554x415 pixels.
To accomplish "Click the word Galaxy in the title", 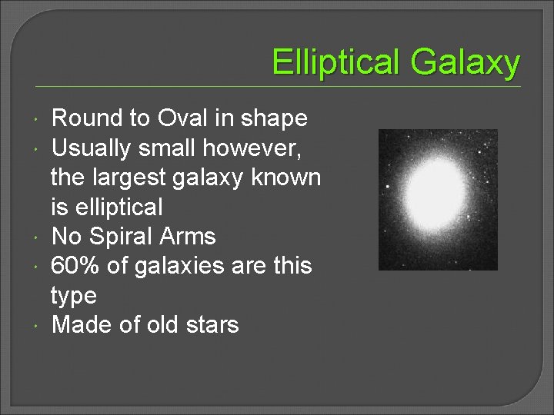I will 465,62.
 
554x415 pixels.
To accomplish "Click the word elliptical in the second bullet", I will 116,207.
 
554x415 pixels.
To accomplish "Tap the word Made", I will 82,324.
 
